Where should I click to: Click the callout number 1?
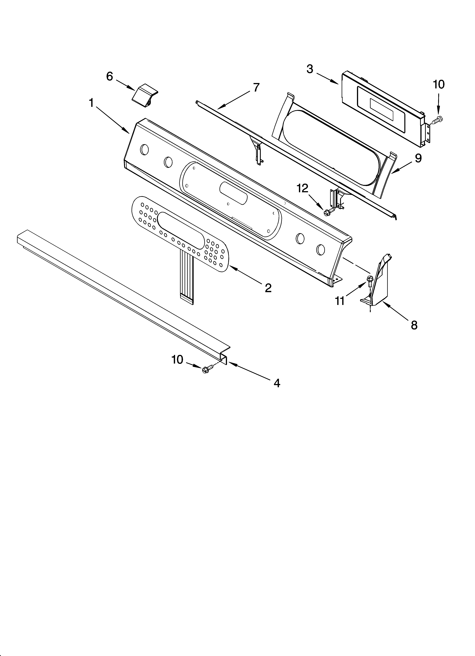(91, 103)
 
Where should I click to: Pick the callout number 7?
(256, 87)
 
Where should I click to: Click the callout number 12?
(302, 188)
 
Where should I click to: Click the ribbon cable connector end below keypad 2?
(187, 299)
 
